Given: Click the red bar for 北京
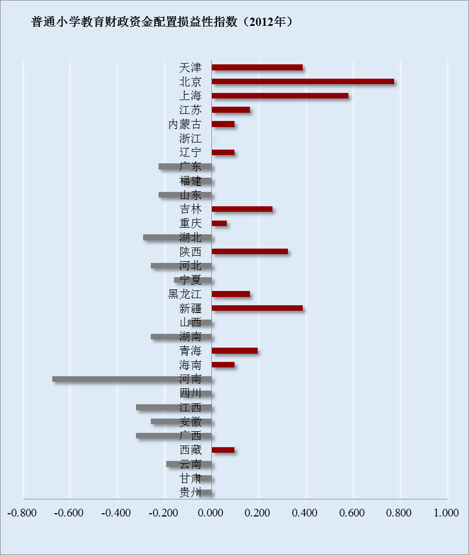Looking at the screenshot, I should coord(303,81).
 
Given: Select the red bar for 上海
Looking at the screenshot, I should coord(280,96).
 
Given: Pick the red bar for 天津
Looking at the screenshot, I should coord(257,67).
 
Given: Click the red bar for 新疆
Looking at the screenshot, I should coord(257,308).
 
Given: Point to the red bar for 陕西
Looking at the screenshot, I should coord(249,251).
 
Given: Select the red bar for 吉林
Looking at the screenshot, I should coord(242,209).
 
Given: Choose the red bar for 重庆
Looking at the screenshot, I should coord(219,223).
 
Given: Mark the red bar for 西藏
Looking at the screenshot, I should coord(223,450).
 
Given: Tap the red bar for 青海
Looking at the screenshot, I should coord(234,350).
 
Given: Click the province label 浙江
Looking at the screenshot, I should coord(190,138).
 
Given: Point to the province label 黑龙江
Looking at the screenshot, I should coord(184,294).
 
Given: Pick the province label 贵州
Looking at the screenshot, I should coord(190,492).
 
